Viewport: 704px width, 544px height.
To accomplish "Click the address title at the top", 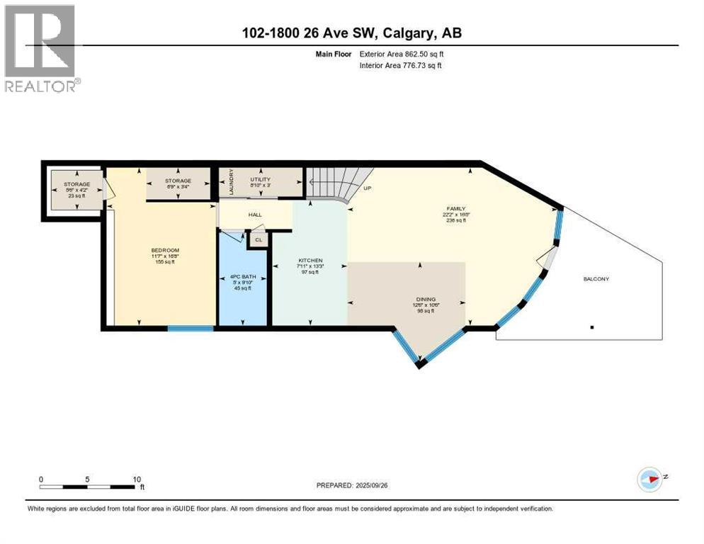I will (351, 33).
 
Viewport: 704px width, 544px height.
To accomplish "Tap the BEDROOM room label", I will (165, 250).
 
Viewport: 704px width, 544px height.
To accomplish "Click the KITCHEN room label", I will (310, 261).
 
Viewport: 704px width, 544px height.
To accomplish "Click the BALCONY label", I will (596, 278).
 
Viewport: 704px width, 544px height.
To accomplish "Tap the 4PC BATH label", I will (242, 276).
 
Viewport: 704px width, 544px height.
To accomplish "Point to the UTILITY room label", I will (261, 179).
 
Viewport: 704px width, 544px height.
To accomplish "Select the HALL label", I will (255, 215).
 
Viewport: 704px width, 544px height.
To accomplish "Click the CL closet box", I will (258, 240).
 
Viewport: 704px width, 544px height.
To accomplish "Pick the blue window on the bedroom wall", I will (191, 329).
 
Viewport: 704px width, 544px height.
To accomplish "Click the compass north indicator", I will (649, 479).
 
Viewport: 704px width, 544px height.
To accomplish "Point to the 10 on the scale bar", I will (136, 479).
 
